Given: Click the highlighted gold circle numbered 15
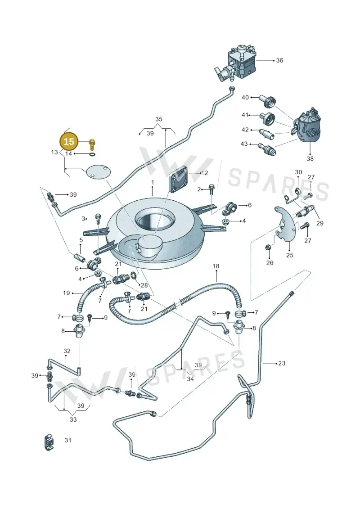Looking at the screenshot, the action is tap(69, 141).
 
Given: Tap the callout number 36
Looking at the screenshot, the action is tap(279, 60).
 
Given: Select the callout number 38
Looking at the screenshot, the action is tap(310, 158).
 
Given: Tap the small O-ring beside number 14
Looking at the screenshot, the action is tap(93, 154).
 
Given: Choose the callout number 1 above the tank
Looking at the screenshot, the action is tap(153, 182).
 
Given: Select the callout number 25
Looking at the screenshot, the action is tap(289, 255).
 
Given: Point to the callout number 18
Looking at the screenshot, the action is tap(216, 266).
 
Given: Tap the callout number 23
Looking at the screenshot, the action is tap(282, 363).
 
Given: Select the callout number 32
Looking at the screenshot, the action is tap(67, 351).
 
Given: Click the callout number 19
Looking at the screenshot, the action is tap(67, 293).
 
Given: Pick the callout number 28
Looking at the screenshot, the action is tap(144, 285).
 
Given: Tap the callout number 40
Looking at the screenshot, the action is tap(245, 97).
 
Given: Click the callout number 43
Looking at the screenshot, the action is tap(244, 144).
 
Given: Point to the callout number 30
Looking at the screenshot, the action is tap(298, 172).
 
